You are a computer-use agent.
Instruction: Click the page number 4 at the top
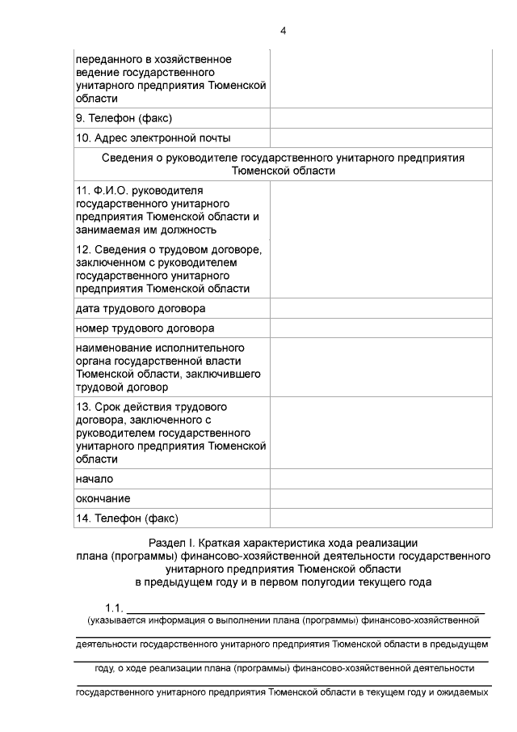[283, 31]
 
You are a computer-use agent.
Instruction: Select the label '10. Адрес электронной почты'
[153, 138]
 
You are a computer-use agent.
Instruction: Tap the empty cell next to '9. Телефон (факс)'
[380, 119]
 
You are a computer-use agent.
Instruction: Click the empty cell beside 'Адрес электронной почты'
[380, 138]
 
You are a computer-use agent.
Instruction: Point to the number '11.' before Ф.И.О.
[83, 190]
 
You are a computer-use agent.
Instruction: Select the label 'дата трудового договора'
[140, 309]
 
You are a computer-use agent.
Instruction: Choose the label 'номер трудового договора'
[145, 328]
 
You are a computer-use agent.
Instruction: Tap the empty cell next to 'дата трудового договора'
[380, 309]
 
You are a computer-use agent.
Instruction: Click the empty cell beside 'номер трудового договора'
[380, 328]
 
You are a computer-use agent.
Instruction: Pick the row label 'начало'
[94, 479]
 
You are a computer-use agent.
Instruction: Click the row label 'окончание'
[103, 498]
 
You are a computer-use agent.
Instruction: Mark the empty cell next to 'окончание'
[380, 498]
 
